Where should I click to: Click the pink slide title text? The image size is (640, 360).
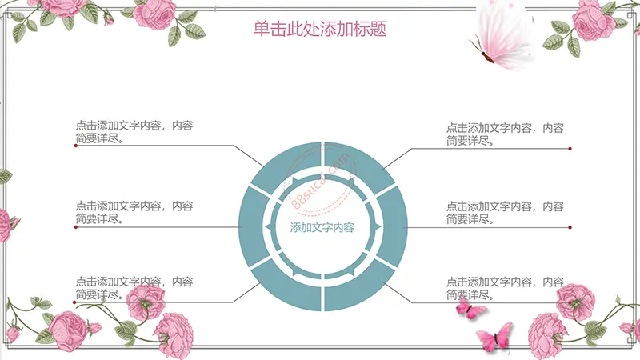(x=319, y=29)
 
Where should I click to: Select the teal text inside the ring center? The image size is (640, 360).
(x=322, y=227)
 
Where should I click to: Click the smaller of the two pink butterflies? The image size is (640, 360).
(x=470, y=308)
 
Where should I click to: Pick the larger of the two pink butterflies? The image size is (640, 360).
(x=495, y=337)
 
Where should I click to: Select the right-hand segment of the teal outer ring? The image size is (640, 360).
(x=392, y=226)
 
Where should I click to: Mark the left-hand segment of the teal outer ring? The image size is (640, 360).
(x=254, y=226)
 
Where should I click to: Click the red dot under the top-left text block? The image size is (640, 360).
(x=76, y=146)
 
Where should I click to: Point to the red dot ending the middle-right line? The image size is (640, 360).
(x=570, y=227)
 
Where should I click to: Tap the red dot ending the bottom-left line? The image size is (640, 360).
(x=74, y=302)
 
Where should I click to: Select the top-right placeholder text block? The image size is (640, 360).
(x=505, y=134)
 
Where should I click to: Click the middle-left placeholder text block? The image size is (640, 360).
(x=134, y=212)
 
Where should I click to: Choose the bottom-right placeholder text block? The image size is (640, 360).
(x=505, y=288)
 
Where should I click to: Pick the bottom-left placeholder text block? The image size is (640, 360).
(x=134, y=288)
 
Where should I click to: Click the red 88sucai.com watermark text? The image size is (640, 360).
(x=322, y=181)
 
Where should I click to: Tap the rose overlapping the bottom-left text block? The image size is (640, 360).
(x=146, y=302)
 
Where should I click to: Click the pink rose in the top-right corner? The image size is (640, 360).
(x=588, y=21)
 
